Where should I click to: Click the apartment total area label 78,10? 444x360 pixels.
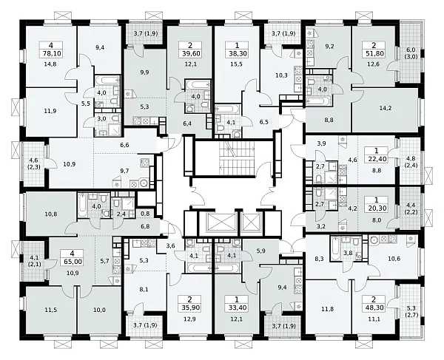point(50,53)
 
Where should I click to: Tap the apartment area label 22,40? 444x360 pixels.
point(377,159)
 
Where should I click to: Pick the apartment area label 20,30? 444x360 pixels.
point(377,209)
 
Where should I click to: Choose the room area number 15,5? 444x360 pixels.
point(237,64)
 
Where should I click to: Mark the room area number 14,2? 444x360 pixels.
point(386,108)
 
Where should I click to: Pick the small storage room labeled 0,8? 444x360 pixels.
point(145,214)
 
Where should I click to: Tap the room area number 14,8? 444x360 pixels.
point(50,64)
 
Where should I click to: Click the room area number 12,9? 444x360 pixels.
point(189,319)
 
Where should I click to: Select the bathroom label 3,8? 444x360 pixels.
point(349,254)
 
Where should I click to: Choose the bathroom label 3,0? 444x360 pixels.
point(101,119)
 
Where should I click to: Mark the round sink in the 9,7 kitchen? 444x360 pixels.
point(144,183)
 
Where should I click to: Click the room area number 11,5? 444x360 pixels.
point(50,310)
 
